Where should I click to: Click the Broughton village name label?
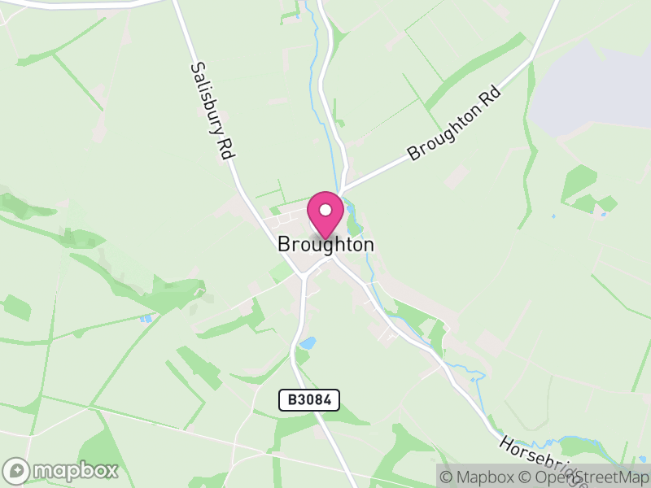pyautogui.click(x=325, y=244)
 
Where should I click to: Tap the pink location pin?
pyautogui.click(x=325, y=215)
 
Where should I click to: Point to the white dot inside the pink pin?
pyautogui.click(x=325, y=209)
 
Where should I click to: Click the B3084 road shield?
pyautogui.click(x=309, y=399)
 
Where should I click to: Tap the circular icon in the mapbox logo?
pyautogui.click(x=18, y=470)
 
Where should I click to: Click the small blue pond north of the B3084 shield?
pyautogui.click(x=308, y=343)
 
